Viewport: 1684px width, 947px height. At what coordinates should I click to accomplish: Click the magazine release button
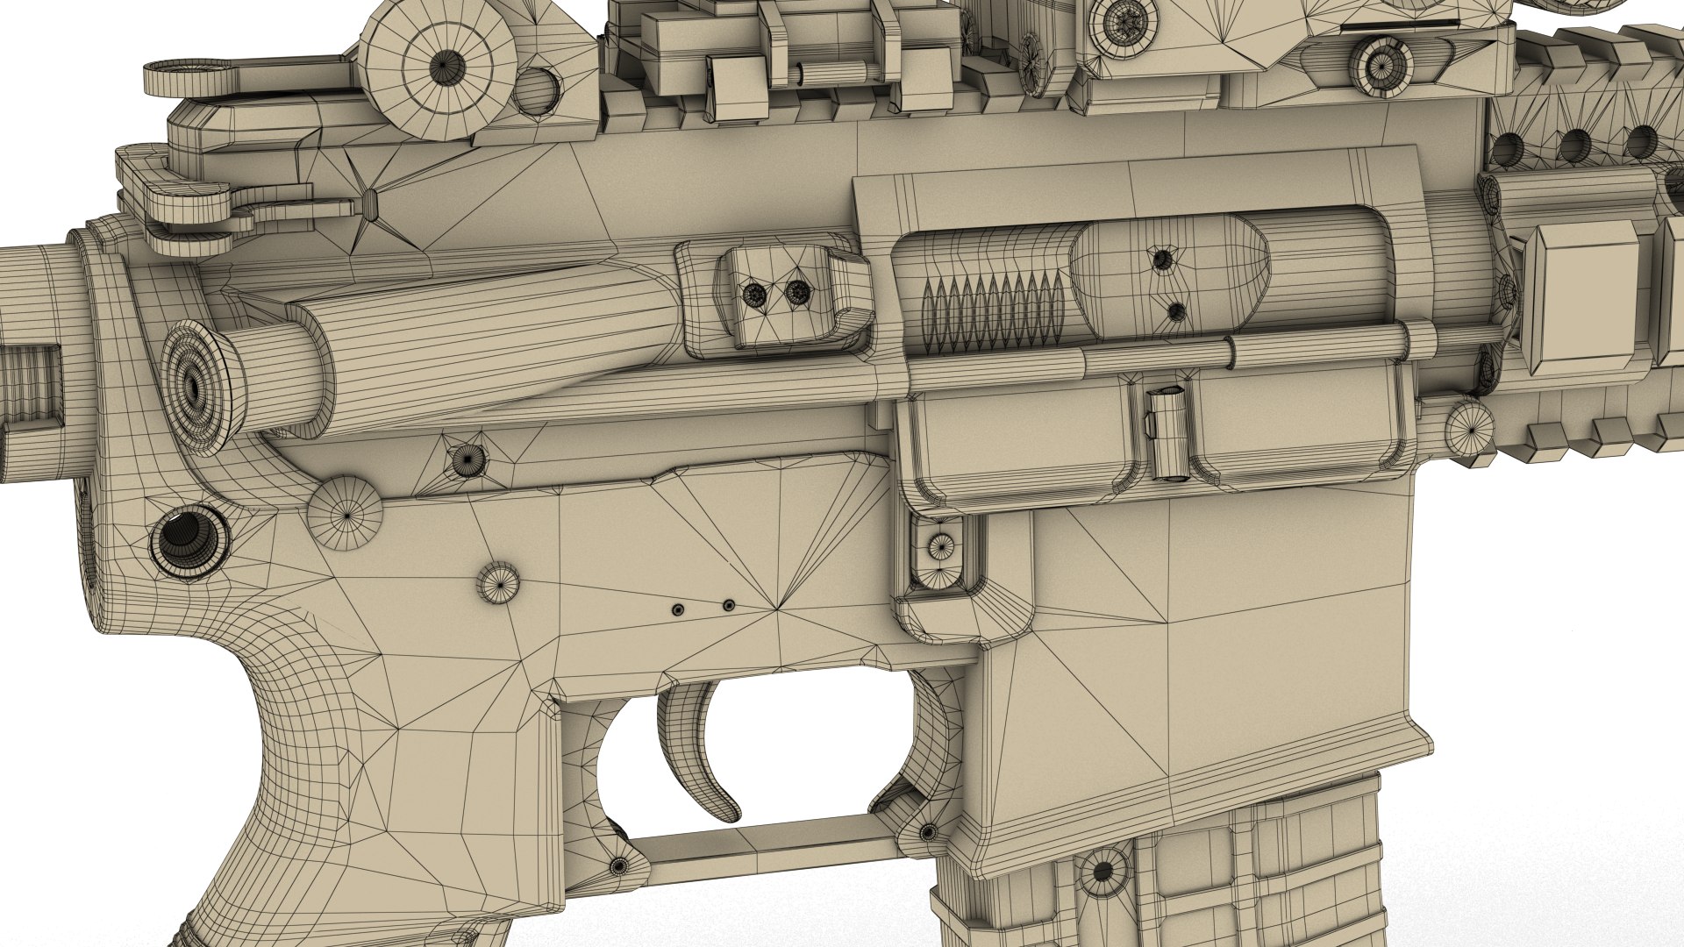tap(940, 547)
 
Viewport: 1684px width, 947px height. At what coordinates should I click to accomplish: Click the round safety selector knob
tap(346, 513)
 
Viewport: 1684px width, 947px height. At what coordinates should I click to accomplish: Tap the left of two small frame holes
tap(676, 609)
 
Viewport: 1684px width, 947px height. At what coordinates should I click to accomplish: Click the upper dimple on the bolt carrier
tap(1162, 259)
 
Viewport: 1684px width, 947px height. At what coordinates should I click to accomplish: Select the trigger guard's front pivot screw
tap(927, 830)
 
